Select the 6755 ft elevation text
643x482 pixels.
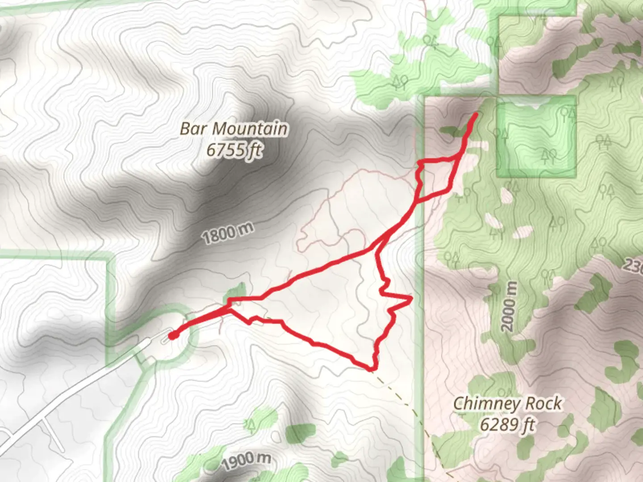[x=234, y=150]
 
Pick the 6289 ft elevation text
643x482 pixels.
[x=507, y=424]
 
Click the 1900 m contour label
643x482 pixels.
[x=246, y=461]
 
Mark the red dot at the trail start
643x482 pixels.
[x=172, y=335]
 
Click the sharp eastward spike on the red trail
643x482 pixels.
[x=409, y=298]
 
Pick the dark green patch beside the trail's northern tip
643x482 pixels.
[x=452, y=131]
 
